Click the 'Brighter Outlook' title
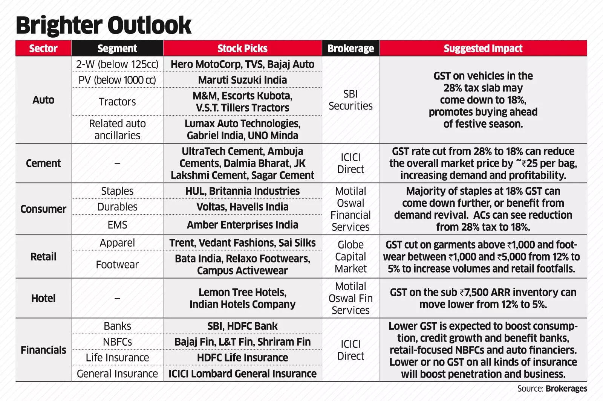[x=104, y=25]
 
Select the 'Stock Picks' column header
[x=242, y=49]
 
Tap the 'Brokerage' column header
[x=350, y=49]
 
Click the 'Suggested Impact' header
[x=483, y=49]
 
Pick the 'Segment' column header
[x=117, y=49]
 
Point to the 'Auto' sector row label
[x=43, y=100]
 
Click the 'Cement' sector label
[x=43, y=163]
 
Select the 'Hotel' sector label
[x=43, y=298]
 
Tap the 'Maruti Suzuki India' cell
[x=242, y=80]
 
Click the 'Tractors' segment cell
[x=117, y=102]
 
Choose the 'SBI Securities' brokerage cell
[x=350, y=100]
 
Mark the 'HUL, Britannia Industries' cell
[x=242, y=191]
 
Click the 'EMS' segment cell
[x=117, y=225]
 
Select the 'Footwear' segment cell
[x=117, y=264]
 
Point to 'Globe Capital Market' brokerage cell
[x=350, y=256]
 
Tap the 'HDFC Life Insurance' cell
[x=242, y=357]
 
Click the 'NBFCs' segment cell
[x=117, y=342]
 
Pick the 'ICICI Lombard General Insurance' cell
[x=242, y=374]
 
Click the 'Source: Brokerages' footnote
[x=552, y=389]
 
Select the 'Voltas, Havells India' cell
[x=242, y=207]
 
